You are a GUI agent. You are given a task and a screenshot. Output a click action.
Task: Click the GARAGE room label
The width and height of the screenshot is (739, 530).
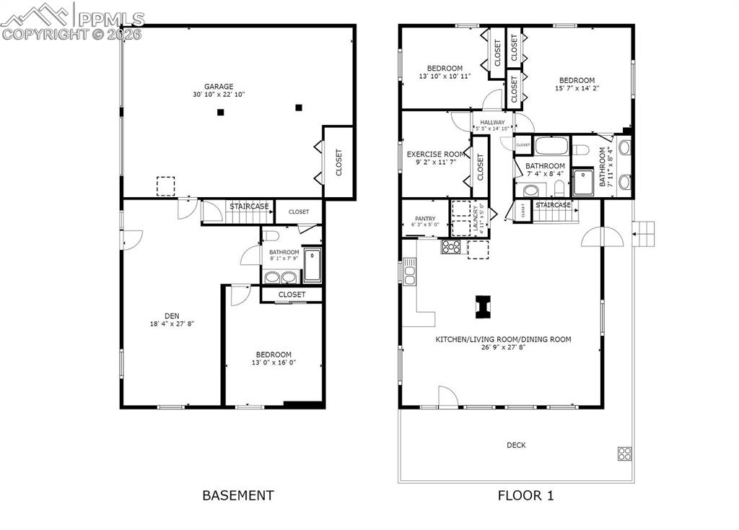(218, 87)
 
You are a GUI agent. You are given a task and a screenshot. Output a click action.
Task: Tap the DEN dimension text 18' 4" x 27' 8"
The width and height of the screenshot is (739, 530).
(172, 324)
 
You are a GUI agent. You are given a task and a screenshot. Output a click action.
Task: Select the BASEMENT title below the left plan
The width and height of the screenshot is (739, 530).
(237, 495)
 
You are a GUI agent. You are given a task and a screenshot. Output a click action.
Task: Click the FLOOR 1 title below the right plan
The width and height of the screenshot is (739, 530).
(525, 495)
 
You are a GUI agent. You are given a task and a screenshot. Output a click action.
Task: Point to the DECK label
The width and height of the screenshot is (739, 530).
(516, 446)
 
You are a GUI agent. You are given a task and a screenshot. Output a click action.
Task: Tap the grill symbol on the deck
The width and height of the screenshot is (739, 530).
(624, 453)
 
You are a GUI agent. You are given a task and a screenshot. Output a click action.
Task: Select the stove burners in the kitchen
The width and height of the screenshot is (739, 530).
(451, 247)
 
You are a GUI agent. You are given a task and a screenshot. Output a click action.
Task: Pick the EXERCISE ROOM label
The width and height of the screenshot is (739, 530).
(435, 155)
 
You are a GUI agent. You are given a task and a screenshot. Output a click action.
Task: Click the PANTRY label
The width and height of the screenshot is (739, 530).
(424, 219)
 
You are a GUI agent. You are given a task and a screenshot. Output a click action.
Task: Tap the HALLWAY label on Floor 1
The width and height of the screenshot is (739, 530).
(492, 123)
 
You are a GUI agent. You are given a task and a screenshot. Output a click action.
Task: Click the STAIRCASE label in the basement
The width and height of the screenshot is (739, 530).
(250, 207)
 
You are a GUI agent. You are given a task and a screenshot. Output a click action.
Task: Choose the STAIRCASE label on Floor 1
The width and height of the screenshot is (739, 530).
(554, 205)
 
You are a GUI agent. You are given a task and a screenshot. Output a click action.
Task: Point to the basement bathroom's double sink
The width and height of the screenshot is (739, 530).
(281, 277)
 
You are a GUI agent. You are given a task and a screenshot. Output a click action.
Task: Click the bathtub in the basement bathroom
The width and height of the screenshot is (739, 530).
(312, 265)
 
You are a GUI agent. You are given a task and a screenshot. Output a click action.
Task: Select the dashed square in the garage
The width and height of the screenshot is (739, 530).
(166, 186)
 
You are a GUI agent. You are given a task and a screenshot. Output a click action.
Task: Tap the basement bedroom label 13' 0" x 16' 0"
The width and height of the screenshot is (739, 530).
(274, 362)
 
